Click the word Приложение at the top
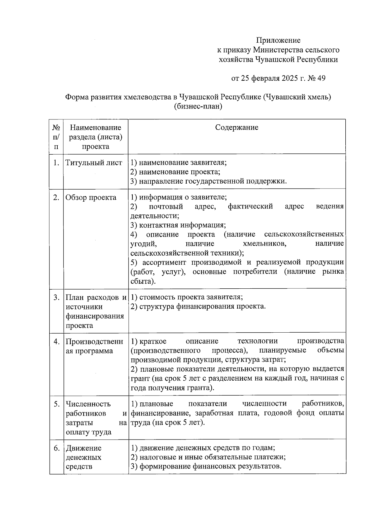point(278,40)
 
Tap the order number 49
point(321,78)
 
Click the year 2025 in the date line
point(290,78)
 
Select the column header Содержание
point(237,127)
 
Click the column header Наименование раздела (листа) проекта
point(95,137)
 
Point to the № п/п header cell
point(56,137)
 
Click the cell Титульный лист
point(94,163)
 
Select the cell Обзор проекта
point(91,197)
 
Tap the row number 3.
point(56,297)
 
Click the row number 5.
point(56,404)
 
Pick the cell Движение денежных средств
point(84,457)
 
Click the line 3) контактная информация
point(178,225)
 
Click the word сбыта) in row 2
point(143,281)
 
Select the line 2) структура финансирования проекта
point(198,306)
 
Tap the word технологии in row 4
point(257,341)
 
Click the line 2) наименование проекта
point(175,172)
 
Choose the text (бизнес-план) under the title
point(198,106)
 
